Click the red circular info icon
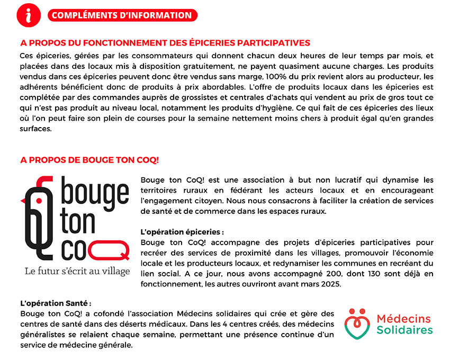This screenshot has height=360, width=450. coord(29,15)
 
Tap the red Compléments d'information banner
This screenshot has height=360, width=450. coord(122,15)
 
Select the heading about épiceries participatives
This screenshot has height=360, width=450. coord(165,42)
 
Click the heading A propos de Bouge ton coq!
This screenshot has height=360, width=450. coord(89,159)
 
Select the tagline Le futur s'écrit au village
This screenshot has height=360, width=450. coord(77,271)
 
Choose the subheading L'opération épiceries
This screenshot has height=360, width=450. coord(182,232)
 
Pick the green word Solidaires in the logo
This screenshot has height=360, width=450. coord(404,330)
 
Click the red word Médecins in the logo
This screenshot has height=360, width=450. coord(404,318)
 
